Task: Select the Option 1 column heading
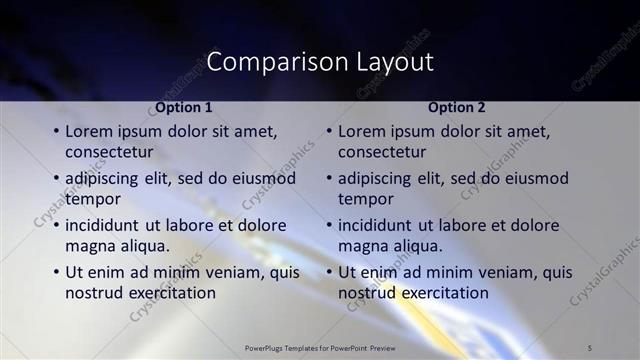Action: point(183,107)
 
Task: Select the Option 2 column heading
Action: point(456,107)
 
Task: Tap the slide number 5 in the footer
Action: point(591,347)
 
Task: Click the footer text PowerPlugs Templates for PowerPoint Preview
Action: point(319,347)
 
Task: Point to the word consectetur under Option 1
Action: point(109,152)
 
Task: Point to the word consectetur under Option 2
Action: point(382,152)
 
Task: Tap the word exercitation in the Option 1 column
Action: point(167,293)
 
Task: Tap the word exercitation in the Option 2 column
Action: point(440,293)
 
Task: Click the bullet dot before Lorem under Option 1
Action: point(56,132)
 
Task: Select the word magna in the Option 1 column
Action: point(89,245)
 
